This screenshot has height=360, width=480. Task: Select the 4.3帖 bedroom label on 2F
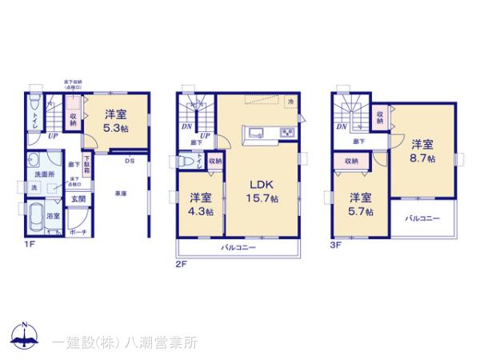(x=200, y=204)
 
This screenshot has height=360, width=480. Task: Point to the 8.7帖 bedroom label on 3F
(x=422, y=151)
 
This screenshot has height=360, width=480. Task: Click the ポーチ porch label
(x=78, y=232)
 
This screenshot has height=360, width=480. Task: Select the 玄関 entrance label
(x=78, y=198)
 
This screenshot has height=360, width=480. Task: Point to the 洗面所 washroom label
(x=43, y=173)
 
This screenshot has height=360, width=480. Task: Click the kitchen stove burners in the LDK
(x=286, y=133)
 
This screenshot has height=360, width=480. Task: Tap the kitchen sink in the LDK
(x=256, y=133)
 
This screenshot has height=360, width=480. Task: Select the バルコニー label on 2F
(x=239, y=248)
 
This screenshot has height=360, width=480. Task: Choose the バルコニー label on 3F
(x=422, y=217)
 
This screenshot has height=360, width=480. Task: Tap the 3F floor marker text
(x=336, y=243)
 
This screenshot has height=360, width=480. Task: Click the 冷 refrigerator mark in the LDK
(x=290, y=102)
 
